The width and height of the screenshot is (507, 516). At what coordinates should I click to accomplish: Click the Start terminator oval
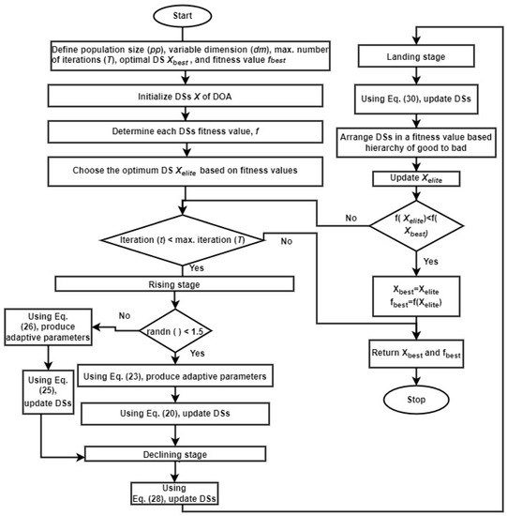[188, 18]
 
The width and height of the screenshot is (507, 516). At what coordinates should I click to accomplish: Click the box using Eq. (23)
[188, 376]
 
